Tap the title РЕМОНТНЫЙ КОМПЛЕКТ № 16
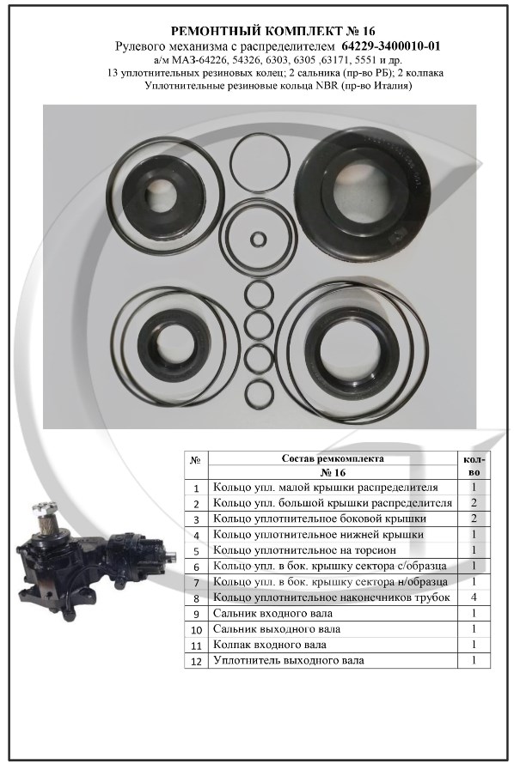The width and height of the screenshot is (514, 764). point(273,32)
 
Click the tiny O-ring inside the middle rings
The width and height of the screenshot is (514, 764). point(258,240)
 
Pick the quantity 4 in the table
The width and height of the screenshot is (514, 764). point(474,597)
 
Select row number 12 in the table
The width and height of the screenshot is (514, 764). point(196,661)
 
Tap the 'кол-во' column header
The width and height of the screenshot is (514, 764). point(474,466)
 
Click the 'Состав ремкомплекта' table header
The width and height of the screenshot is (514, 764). point(333,458)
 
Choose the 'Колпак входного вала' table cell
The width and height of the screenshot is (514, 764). point(270,645)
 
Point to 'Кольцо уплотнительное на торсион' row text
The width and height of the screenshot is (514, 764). point(305,550)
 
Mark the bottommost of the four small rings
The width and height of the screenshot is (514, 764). point(258,391)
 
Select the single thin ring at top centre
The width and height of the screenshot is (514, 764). point(256,162)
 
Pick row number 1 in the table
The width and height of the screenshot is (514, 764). point(196,488)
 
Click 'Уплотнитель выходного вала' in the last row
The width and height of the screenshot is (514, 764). point(289,661)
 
